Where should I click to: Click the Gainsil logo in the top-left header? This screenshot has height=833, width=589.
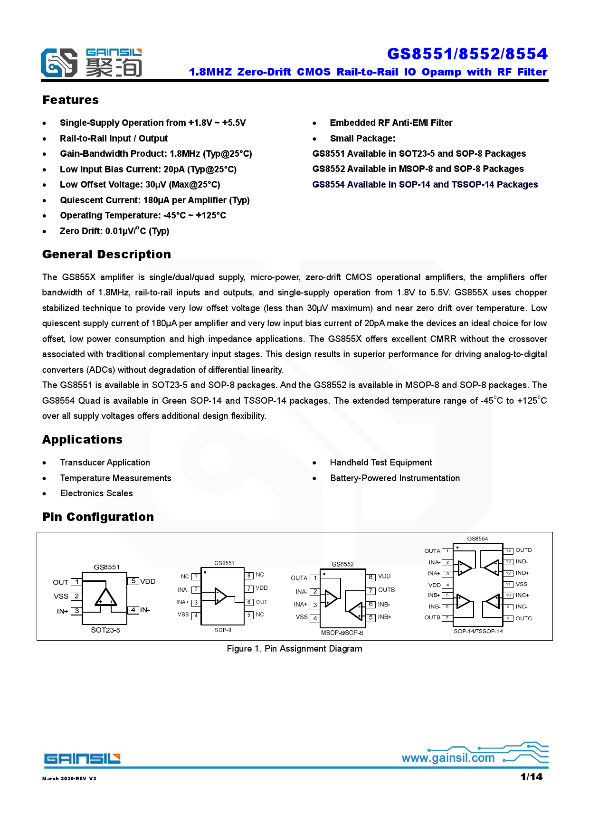[x=91, y=63]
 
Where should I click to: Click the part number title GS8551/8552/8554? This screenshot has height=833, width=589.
[x=467, y=54]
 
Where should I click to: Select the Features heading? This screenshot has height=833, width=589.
[x=70, y=100]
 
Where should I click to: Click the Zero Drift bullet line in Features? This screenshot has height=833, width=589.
[x=114, y=231]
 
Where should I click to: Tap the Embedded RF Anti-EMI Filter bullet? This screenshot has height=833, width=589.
[x=390, y=123]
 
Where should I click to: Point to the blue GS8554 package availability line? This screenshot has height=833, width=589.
[x=425, y=185]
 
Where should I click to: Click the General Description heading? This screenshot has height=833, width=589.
[x=106, y=255]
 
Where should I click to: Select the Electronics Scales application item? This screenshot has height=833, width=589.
[x=96, y=493]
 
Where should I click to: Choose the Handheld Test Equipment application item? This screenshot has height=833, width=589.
[x=380, y=463]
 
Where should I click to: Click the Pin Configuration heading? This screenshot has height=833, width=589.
[x=98, y=517]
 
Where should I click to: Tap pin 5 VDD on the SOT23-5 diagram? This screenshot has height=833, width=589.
[x=142, y=581]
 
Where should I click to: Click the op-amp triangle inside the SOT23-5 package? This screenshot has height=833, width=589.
[x=105, y=597]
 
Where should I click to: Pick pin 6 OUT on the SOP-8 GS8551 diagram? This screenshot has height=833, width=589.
[x=256, y=602]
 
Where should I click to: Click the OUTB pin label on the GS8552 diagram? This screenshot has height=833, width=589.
[x=386, y=590]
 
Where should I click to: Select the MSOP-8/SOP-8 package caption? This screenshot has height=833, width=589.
[x=342, y=633]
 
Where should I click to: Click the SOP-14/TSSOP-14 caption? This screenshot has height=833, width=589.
[x=478, y=631]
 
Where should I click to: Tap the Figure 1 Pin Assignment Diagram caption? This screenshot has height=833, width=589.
[x=294, y=649]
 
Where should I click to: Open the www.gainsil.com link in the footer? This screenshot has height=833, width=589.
[x=448, y=758]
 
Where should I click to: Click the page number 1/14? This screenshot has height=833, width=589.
[x=531, y=777]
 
